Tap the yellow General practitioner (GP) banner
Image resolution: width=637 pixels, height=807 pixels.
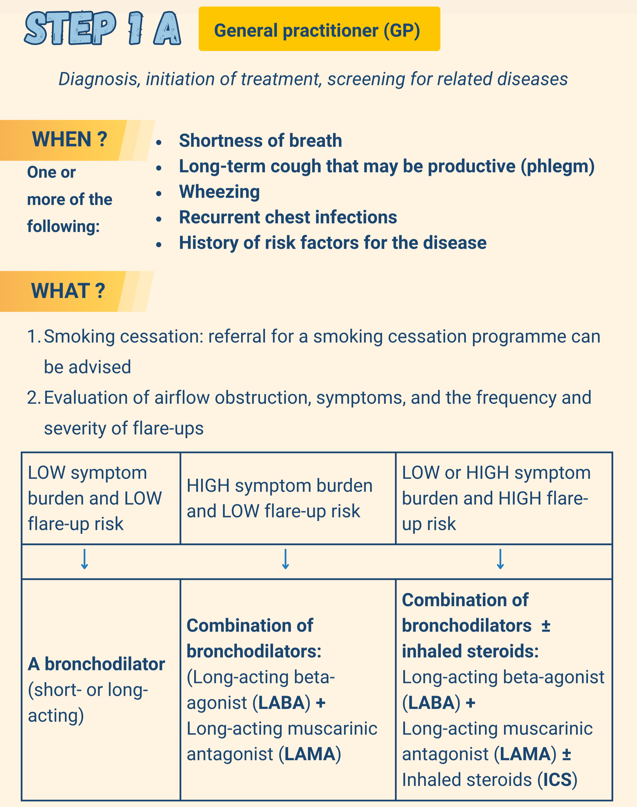click(x=319, y=29)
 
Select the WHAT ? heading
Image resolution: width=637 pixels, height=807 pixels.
click(x=68, y=291)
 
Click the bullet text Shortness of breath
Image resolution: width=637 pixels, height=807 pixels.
click(x=260, y=141)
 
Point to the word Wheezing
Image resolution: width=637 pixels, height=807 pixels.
click(x=219, y=192)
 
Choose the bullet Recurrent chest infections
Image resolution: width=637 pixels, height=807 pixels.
click(x=288, y=217)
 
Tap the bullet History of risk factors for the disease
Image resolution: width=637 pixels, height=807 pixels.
click(x=333, y=243)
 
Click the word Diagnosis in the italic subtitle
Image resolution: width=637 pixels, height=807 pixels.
click(x=100, y=79)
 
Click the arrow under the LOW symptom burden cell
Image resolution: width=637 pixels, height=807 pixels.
click(x=85, y=559)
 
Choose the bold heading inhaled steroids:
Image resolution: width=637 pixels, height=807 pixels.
click(x=470, y=651)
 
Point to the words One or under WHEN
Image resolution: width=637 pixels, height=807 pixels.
click(x=51, y=172)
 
